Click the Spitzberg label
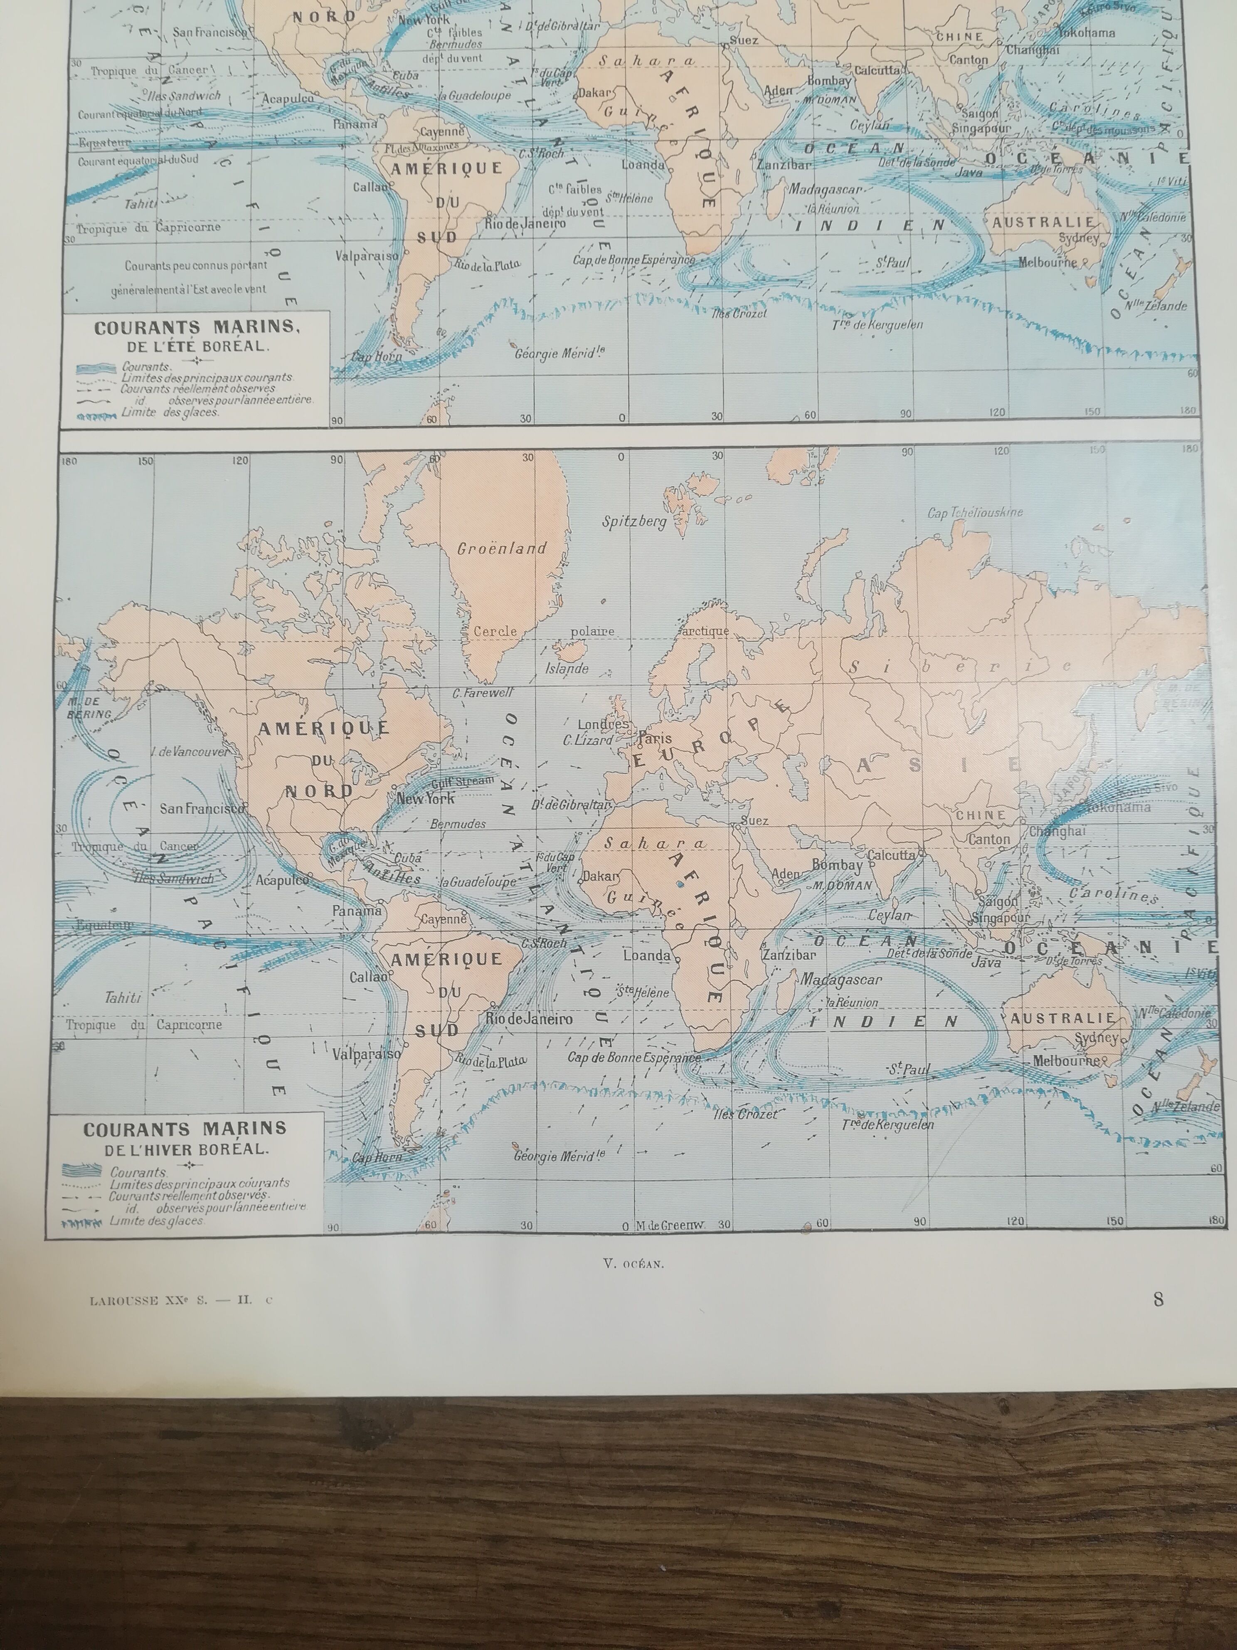coord(635,521)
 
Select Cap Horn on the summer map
coord(377,356)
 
